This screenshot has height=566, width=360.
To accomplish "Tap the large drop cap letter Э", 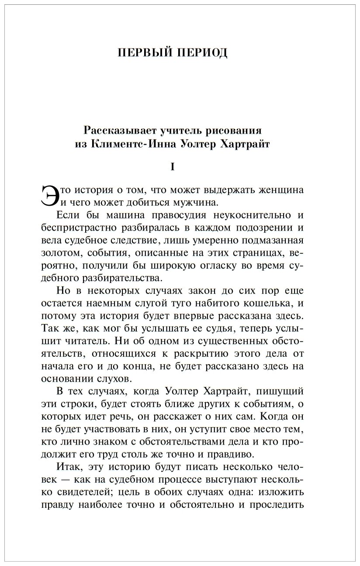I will [49, 195].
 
